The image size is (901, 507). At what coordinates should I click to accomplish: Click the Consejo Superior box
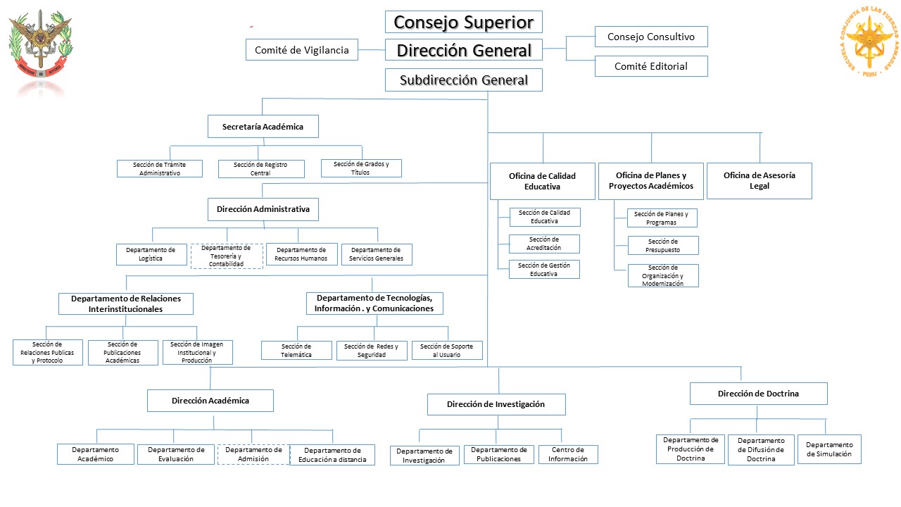click(464, 22)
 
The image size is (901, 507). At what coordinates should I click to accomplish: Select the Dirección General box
click(464, 50)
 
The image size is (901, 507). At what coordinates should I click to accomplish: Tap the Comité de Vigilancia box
click(301, 50)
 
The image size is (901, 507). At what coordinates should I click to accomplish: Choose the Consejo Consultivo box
click(650, 37)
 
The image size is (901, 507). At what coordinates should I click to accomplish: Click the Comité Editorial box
click(650, 66)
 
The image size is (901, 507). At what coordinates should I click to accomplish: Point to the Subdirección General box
click(464, 80)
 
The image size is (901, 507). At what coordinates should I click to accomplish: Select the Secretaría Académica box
click(263, 127)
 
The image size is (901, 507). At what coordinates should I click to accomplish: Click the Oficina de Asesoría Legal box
click(759, 181)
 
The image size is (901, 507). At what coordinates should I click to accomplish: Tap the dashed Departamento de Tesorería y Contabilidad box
click(227, 256)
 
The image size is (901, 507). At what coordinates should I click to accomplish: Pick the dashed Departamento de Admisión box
click(253, 454)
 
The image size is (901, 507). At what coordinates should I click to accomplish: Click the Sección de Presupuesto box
click(663, 245)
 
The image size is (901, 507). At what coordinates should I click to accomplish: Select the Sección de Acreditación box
click(544, 244)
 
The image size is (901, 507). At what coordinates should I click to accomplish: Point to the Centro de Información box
click(568, 454)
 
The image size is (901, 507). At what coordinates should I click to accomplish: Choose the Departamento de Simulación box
click(828, 449)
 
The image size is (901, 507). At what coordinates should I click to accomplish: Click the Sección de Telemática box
click(296, 350)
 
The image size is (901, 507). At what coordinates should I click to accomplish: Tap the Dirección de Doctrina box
click(758, 394)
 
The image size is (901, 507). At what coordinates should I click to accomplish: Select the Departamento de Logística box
click(151, 254)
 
